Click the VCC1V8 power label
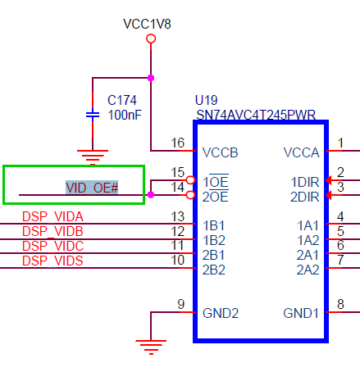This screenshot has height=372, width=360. [x=147, y=24]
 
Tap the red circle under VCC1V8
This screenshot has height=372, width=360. [x=151, y=39]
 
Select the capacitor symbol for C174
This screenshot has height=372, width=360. [x=93, y=115]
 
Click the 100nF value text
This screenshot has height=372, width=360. [x=125, y=115]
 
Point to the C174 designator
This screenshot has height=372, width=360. [x=122, y=100]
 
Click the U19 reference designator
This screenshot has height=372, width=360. [x=207, y=100]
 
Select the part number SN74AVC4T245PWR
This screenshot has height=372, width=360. [x=256, y=115]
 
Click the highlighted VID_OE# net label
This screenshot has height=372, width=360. [x=92, y=188]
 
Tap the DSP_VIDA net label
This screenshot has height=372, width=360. [x=52, y=217]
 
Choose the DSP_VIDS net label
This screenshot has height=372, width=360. [x=52, y=261]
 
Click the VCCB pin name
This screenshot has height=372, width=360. [x=221, y=152]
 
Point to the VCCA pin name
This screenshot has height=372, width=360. [x=301, y=152]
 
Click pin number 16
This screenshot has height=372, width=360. [x=178, y=143]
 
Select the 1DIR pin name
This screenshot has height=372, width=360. [x=305, y=182]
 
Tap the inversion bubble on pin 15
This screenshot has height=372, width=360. [x=190, y=180]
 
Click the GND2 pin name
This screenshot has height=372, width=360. [x=221, y=313]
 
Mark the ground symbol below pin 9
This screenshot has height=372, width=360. [x=151, y=347]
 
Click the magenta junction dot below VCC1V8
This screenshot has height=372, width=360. [x=151, y=78]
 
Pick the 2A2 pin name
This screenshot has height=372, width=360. [x=308, y=270]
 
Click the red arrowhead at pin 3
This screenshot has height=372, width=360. [x=329, y=195]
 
